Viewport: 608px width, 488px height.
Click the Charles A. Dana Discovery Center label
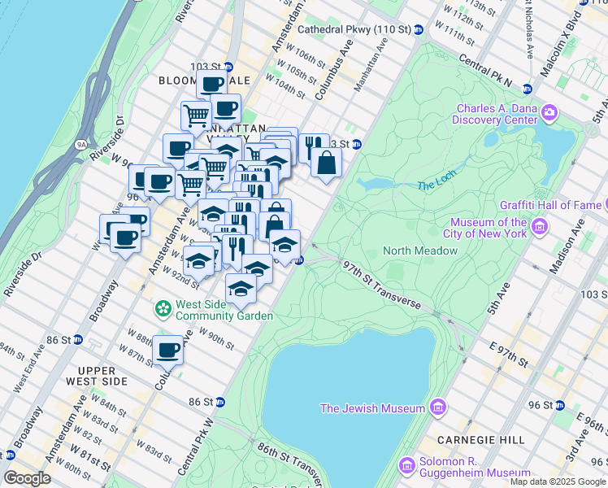(497, 115)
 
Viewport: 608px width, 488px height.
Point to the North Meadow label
(420, 251)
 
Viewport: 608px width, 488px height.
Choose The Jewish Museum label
(372, 407)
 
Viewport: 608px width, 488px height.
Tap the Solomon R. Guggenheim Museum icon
(407, 466)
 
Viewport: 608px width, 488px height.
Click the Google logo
(27, 478)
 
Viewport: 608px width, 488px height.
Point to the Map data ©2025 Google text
(557, 481)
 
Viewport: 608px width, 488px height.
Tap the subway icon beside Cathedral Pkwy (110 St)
(419, 30)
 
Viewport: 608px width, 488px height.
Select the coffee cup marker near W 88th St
(168, 351)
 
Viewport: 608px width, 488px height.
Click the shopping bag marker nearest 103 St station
(326, 162)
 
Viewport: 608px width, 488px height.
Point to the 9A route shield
(81, 144)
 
